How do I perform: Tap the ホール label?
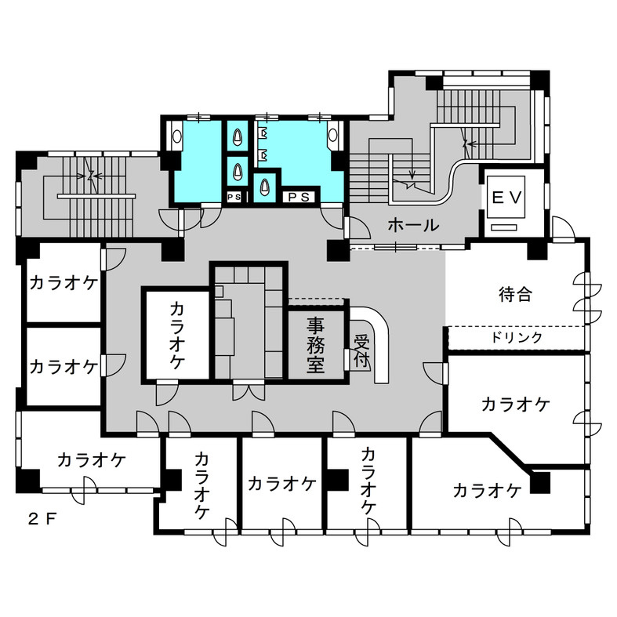[x=413, y=226]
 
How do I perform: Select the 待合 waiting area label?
[x=515, y=295]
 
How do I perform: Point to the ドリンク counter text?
[x=517, y=337]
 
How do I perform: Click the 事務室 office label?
[x=315, y=344]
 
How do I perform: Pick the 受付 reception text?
[x=361, y=350]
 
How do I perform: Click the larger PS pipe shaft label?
[x=298, y=196]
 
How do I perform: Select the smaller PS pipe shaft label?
[x=234, y=197]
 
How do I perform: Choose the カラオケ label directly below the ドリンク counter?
[x=515, y=405]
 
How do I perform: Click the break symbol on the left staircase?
[x=93, y=176]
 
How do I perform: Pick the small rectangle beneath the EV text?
[x=506, y=227]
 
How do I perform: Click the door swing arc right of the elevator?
[x=562, y=228]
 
